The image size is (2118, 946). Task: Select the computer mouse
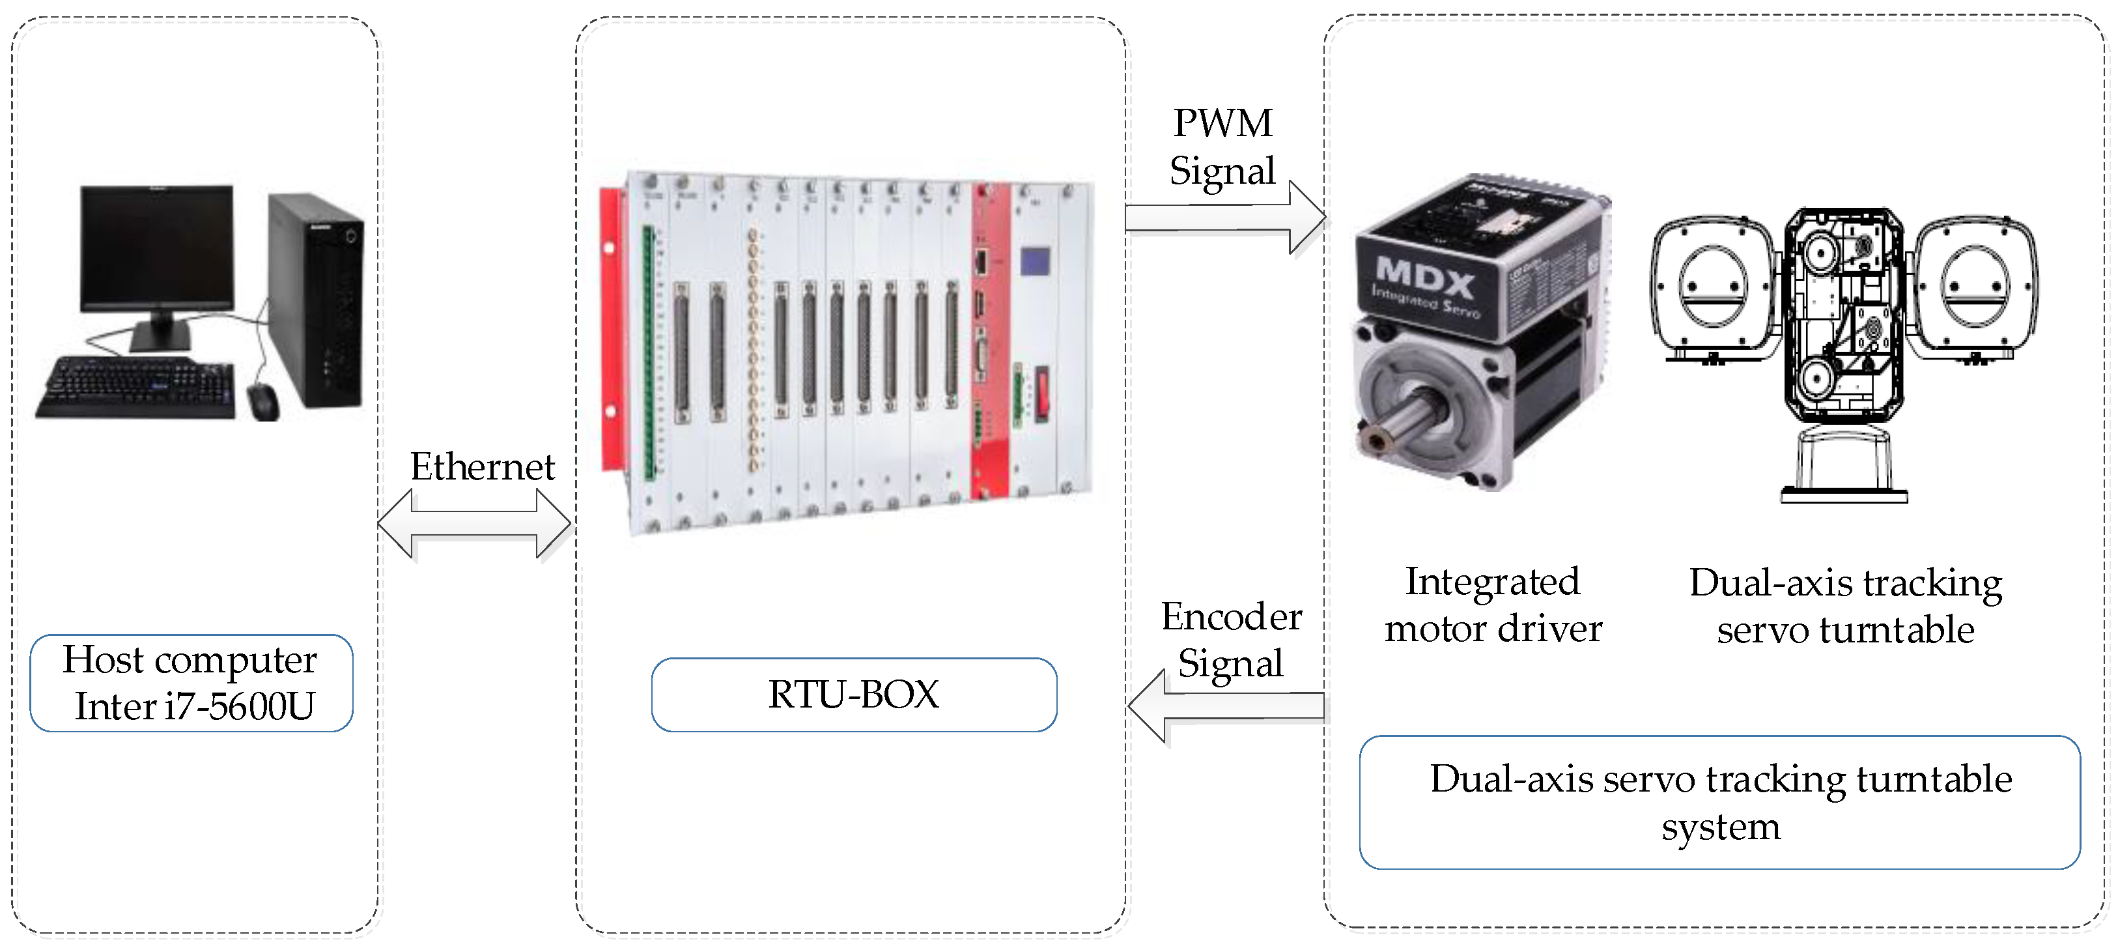[263, 401]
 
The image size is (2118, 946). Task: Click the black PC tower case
[317, 300]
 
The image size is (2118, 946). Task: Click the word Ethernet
[483, 467]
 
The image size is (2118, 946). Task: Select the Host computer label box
[191, 683]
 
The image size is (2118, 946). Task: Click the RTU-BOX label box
[853, 695]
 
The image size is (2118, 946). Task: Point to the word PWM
[1222, 123]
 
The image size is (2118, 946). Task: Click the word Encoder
[1231, 617]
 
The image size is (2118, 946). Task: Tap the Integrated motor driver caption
[1492, 605]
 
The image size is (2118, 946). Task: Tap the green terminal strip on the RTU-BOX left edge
[648, 354]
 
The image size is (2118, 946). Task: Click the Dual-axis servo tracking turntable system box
[1719, 802]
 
